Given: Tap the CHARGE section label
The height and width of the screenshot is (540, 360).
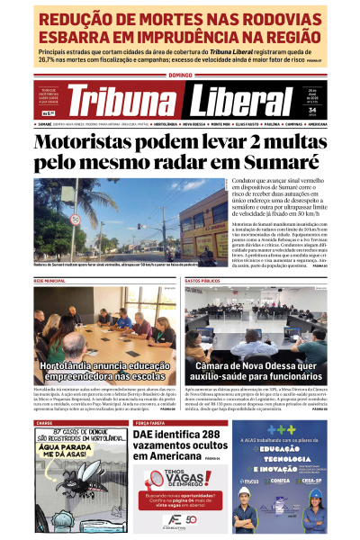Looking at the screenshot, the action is (44, 422).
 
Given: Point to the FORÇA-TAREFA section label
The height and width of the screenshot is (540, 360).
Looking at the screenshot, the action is (152, 422).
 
